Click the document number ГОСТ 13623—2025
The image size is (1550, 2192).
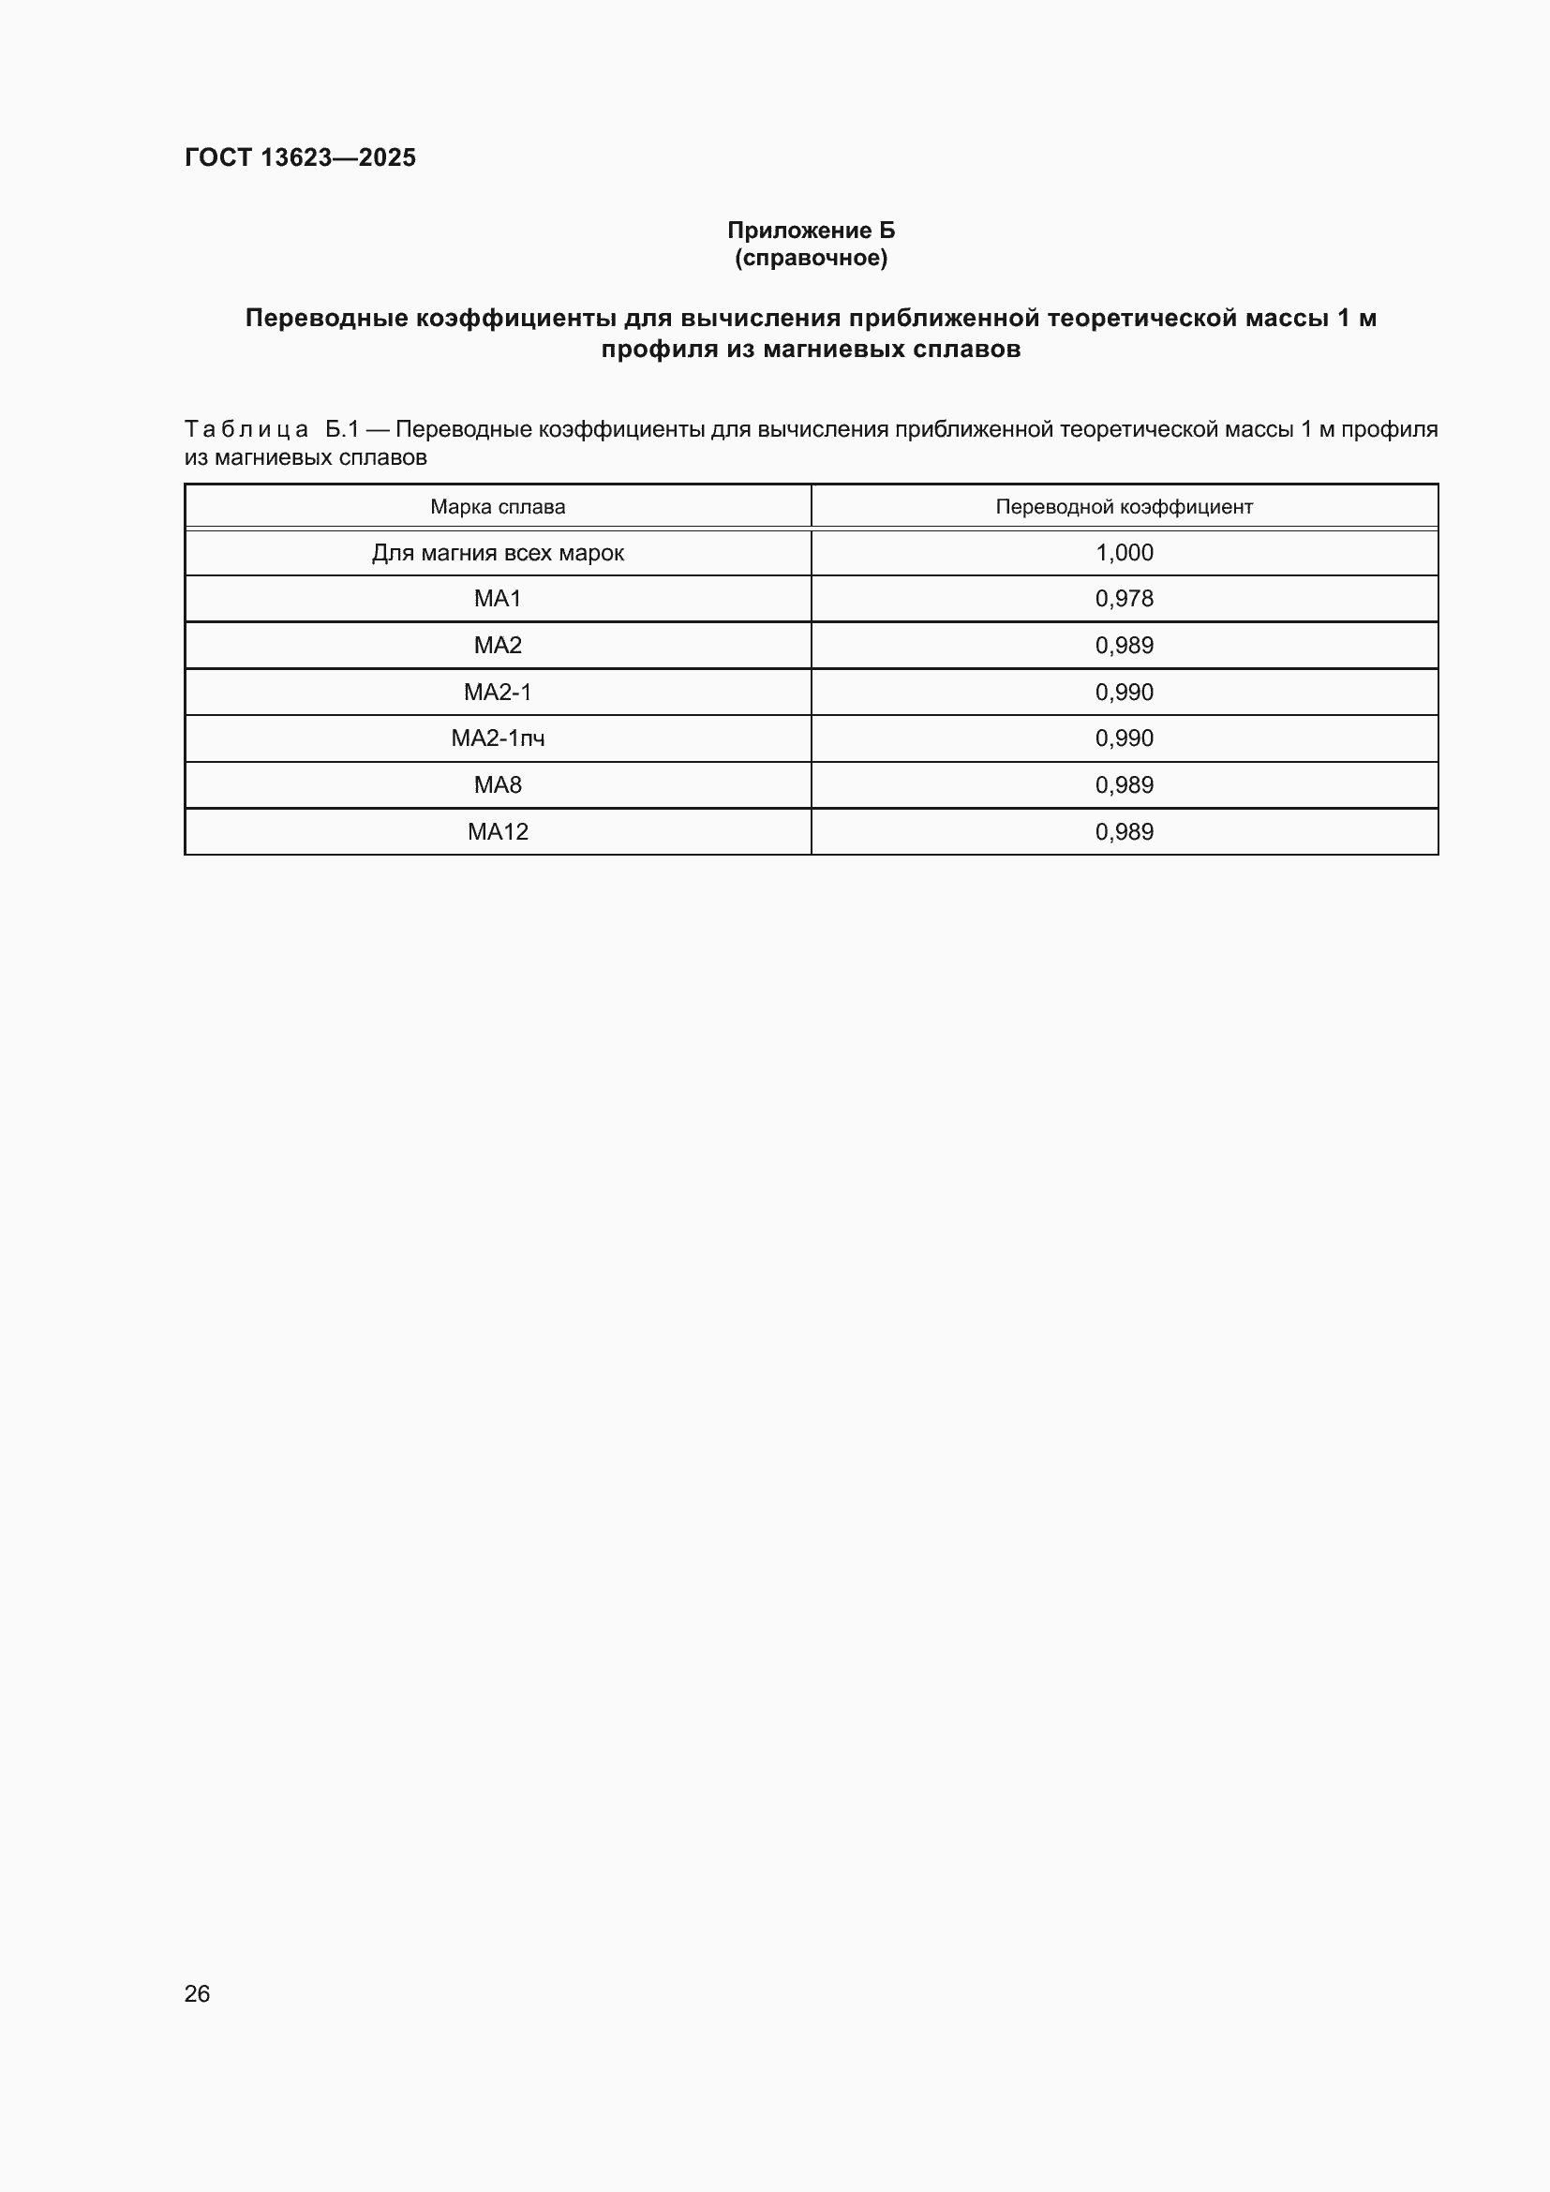300,157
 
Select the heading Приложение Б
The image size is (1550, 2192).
811,231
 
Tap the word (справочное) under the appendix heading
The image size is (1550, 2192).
811,258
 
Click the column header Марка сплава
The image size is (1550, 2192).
498,507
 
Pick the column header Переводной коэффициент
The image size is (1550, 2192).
1124,507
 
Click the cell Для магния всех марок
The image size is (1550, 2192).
498,553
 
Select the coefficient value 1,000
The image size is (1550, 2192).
1124,553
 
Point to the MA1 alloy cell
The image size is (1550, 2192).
498,599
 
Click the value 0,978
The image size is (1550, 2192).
1124,599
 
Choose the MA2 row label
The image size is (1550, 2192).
498,646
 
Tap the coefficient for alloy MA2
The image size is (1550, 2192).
1124,646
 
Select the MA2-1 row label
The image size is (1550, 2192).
498,693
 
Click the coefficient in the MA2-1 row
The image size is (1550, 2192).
1124,693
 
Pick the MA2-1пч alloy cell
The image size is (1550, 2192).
498,738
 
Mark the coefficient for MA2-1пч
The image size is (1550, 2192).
1124,738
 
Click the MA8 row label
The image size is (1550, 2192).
498,784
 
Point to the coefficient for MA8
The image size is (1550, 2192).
1124,784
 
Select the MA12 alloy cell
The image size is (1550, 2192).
498,831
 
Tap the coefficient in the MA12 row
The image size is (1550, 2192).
1124,831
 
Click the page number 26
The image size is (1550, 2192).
197,1993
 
